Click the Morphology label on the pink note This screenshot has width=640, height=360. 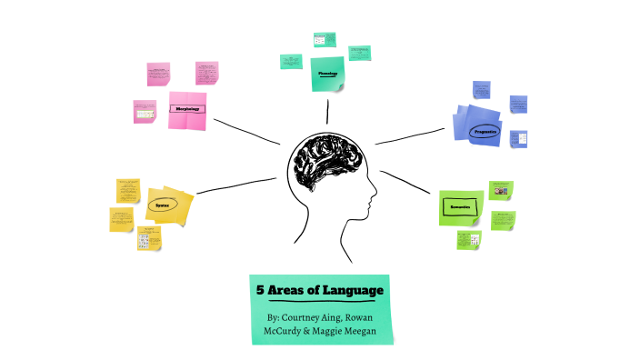(x=187, y=109)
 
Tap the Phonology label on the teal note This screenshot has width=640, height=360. (x=328, y=73)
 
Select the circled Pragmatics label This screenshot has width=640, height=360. (x=485, y=131)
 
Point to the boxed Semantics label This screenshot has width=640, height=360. (x=459, y=206)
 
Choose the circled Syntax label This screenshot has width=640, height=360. (x=162, y=205)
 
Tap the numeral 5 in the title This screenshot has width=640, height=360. (x=259, y=290)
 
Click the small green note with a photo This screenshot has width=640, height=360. (x=501, y=190)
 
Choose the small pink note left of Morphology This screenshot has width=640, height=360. (x=144, y=112)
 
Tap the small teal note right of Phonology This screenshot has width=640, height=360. (x=360, y=52)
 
